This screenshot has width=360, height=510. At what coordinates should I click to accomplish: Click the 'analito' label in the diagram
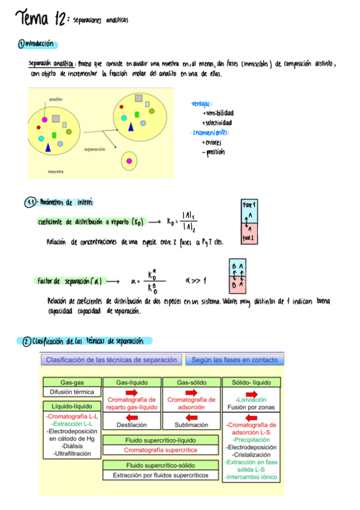tap(56, 98)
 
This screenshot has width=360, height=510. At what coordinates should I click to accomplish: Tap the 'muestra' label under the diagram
tap(56, 172)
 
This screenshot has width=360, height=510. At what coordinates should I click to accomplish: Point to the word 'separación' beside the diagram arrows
tap(99, 148)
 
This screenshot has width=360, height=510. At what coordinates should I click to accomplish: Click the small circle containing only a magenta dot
tap(129, 161)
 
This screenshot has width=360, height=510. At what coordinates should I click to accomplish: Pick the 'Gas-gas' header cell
tap(72, 382)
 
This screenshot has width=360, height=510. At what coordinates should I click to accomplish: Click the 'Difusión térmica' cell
tap(72, 392)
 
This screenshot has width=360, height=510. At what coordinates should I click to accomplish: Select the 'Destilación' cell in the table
tap(132, 425)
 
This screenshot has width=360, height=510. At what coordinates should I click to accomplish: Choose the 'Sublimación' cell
tap(191, 425)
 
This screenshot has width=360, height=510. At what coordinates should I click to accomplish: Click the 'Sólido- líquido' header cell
tap(251, 382)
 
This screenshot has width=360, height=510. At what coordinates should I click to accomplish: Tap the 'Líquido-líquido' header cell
tap(72, 407)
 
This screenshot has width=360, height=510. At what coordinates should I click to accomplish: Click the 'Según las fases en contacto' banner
tap(234, 360)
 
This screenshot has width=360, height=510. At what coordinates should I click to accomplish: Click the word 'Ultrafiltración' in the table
tap(72, 453)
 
